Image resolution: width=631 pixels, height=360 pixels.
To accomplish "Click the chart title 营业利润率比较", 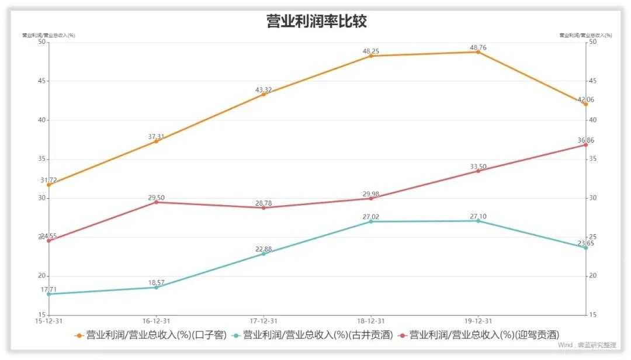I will click(x=316, y=22).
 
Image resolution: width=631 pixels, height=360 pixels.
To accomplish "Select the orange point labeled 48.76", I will click(x=478, y=52).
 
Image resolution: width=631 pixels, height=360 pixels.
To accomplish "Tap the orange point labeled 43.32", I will click(x=264, y=94).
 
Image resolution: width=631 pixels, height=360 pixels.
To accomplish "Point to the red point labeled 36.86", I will click(x=585, y=144).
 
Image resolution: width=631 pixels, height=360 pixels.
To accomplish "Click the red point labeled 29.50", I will click(x=156, y=202).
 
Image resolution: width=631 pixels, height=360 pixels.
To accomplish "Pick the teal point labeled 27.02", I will click(x=370, y=221).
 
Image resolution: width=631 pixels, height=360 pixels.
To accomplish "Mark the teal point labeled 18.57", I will click(x=156, y=287).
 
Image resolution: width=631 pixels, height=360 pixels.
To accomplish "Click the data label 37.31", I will click(x=156, y=136).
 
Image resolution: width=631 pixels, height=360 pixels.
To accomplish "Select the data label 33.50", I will click(x=478, y=167).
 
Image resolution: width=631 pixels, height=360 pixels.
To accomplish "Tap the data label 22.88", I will click(x=264, y=250).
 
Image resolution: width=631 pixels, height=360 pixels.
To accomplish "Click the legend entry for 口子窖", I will click(x=151, y=335).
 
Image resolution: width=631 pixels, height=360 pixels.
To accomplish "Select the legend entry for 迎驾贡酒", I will click(x=479, y=335).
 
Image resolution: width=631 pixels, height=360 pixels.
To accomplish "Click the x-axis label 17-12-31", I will click(x=264, y=321).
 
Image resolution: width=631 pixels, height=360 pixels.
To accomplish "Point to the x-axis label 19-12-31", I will click(x=478, y=321).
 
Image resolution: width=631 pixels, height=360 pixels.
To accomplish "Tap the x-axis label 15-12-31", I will click(x=49, y=321).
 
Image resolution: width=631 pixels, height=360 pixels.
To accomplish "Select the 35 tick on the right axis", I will click(x=592, y=159).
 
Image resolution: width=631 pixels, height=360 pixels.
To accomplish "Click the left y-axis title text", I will click(x=48, y=36).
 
